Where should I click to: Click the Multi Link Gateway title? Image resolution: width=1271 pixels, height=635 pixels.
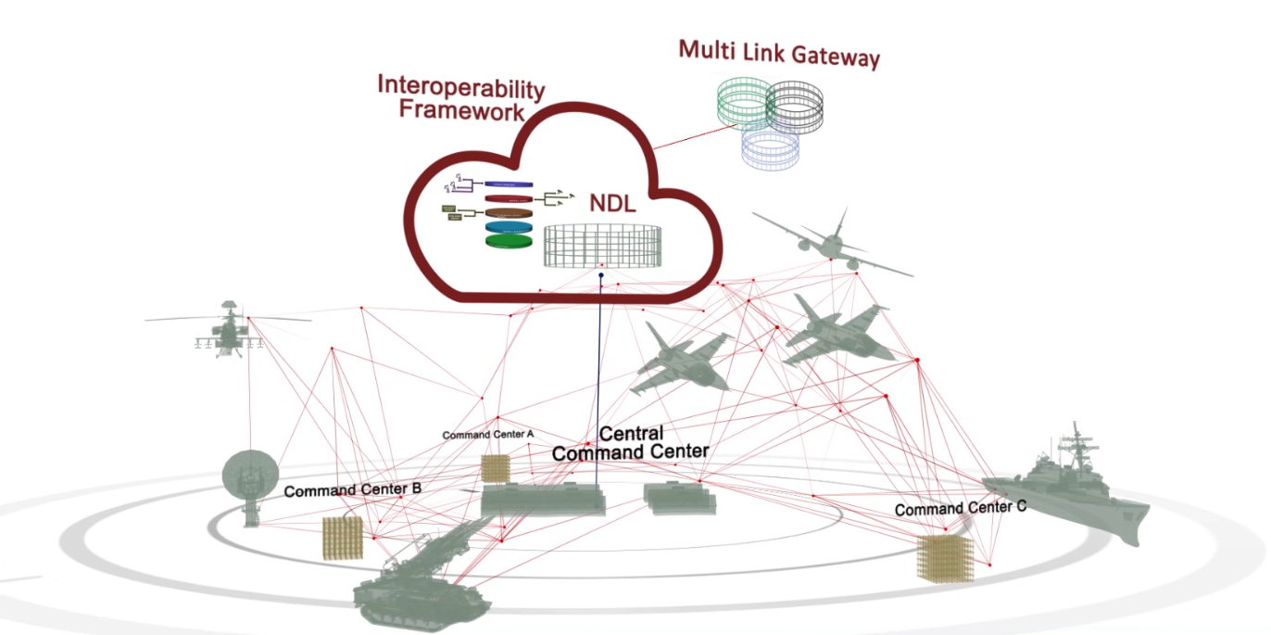(778, 52)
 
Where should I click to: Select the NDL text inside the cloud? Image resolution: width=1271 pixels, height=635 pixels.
(612, 203)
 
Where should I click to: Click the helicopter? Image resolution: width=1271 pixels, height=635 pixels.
(228, 328)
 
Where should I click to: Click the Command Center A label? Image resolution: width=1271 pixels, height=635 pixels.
(487, 434)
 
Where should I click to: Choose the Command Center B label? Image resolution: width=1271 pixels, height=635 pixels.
(353, 489)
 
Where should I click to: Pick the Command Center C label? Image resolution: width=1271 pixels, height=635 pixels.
(960, 509)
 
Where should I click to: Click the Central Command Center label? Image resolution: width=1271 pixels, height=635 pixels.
(630, 443)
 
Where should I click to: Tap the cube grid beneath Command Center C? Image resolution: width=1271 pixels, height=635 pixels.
(945, 558)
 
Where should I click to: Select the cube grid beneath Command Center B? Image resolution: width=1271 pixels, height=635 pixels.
(342, 538)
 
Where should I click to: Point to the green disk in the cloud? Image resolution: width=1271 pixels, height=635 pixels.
(510, 241)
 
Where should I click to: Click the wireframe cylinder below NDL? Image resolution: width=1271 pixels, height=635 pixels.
(603, 247)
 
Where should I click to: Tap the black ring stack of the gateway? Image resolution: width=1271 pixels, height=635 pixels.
(794, 107)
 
